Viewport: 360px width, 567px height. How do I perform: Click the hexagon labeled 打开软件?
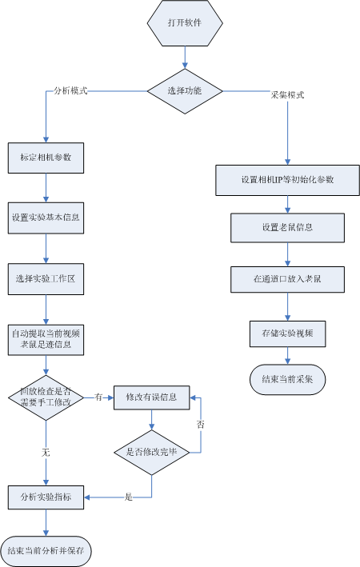[x=185, y=22]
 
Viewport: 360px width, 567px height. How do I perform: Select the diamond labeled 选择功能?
[x=185, y=91]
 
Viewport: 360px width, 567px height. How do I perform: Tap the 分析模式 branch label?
[x=70, y=90]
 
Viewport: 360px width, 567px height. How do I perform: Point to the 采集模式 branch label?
[x=288, y=95]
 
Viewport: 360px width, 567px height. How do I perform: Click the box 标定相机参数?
[x=46, y=158]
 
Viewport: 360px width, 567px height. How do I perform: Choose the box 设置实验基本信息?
[x=46, y=218]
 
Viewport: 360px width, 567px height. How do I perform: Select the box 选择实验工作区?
[x=46, y=279]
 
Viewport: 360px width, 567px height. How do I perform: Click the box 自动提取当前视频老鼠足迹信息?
[x=46, y=340]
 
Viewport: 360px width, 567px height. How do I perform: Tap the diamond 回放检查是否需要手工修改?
[x=46, y=397]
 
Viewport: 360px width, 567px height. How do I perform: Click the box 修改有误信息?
[x=151, y=397]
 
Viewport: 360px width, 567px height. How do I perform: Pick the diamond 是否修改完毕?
[x=151, y=453]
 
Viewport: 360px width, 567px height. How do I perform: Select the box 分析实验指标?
[x=46, y=497]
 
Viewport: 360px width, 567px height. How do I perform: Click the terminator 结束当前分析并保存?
[x=46, y=551]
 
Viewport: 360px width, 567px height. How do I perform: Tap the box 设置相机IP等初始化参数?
[x=288, y=180]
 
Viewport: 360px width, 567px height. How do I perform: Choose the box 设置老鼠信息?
[x=288, y=227]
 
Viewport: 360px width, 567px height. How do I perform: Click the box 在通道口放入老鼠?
[x=288, y=279]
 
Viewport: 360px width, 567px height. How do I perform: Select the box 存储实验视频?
[x=288, y=333]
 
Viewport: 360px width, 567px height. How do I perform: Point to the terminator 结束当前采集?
[x=288, y=379]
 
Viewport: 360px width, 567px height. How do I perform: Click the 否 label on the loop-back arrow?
[x=201, y=424]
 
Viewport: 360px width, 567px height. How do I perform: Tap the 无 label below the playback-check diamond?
[x=46, y=453]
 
